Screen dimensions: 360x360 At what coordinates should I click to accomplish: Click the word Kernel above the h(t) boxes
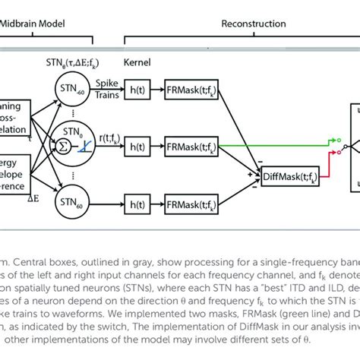(x=134, y=79)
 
